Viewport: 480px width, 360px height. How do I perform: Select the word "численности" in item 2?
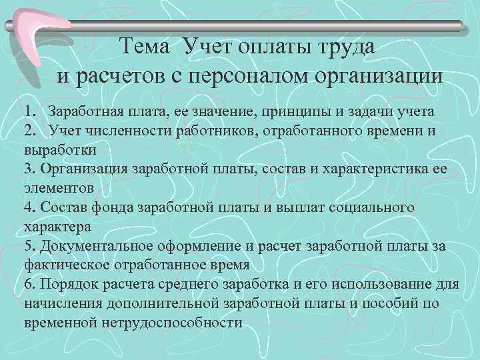143,130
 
